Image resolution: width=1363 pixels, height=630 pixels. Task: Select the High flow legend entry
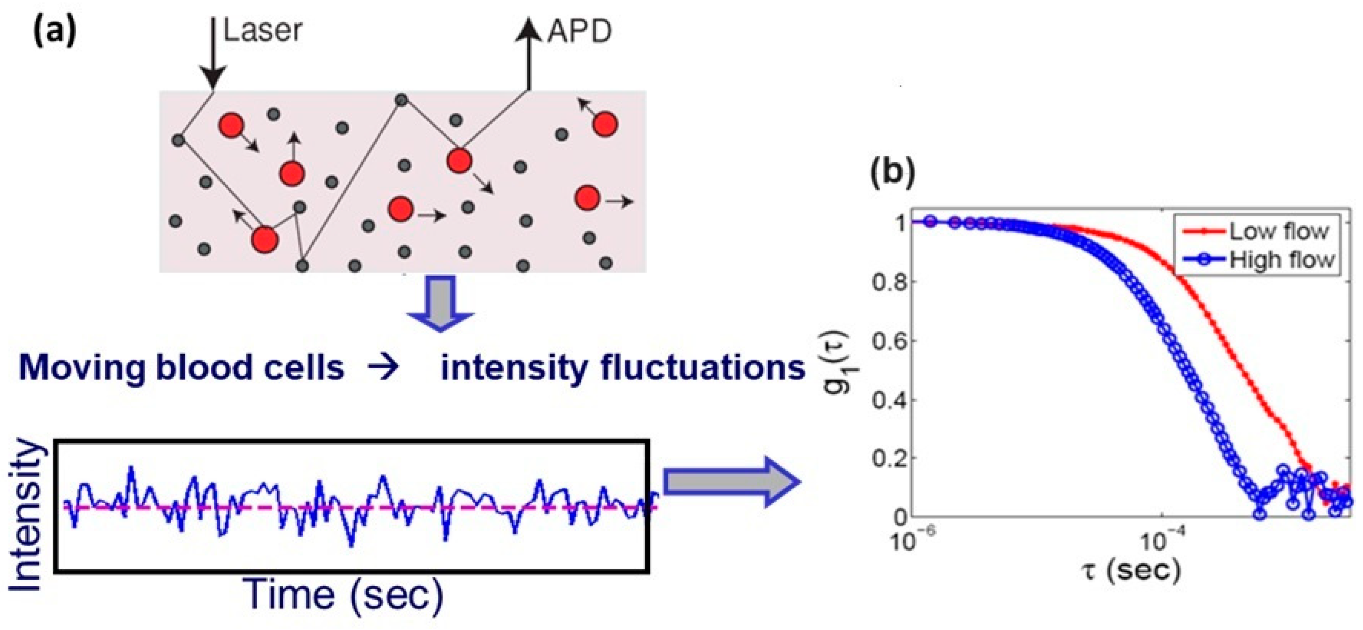pos(1281,259)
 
